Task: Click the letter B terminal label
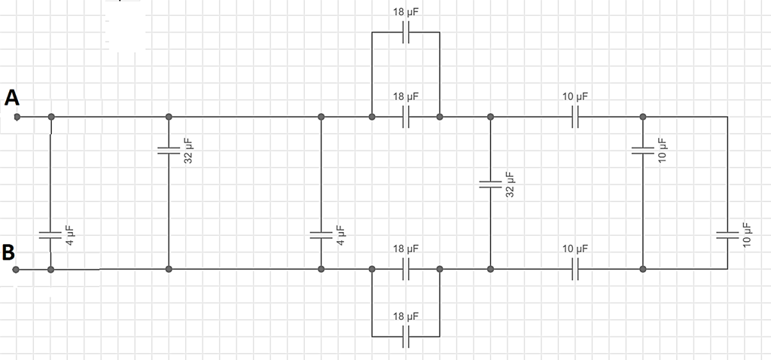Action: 8,252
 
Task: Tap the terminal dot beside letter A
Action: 17,117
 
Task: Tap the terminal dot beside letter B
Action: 16,270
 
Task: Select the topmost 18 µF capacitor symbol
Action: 406,32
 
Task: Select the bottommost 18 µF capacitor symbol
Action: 406,337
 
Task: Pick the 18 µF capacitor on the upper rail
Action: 406,117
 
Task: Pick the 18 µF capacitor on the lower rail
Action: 406,269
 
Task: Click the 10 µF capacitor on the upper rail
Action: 575,117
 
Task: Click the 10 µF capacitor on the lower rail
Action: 575,269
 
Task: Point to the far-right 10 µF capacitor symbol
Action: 727,235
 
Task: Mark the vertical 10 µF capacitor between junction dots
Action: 643,150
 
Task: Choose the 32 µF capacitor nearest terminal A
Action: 169,150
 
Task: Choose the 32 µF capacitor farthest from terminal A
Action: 490,185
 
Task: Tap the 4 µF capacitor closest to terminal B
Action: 50,235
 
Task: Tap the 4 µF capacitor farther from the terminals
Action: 321,235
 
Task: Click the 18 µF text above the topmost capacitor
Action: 406,12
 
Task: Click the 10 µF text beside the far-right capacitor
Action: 747,234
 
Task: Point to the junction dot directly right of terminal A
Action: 51,117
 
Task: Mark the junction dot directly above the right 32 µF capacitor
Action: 490,117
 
